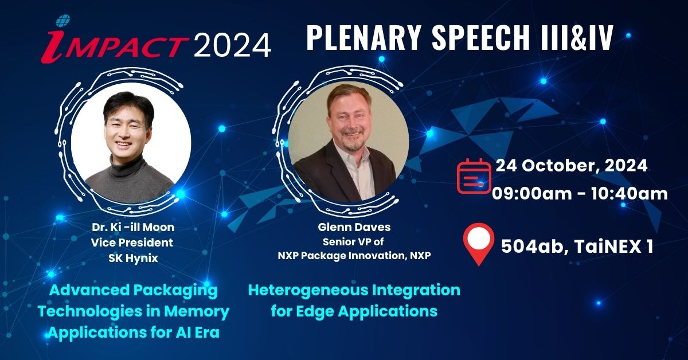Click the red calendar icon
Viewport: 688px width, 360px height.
click(x=474, y=176)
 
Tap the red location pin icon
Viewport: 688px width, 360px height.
click(x=479, y=244)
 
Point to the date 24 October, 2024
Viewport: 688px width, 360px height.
click(x=572, y=166)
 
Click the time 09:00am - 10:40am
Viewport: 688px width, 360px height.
click(x=580, y=194)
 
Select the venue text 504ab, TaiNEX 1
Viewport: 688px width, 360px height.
click(x=577, y=246)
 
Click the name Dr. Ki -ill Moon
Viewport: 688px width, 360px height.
click(x=133, y=227)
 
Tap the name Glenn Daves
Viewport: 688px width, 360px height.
click(x=354, y=227)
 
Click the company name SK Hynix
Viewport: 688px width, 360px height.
click(x=133, y=258)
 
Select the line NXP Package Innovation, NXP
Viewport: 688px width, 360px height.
click(x=354, y=256)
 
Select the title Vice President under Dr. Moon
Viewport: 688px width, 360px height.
click(x=132, y=242)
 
